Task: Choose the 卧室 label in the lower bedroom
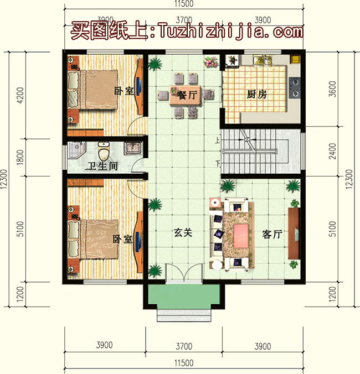click(x=122, y=239)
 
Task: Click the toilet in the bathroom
click(x=103, y=150)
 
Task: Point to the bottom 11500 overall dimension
click(x=184, y=363)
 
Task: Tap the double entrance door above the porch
click(x=184, y=274)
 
